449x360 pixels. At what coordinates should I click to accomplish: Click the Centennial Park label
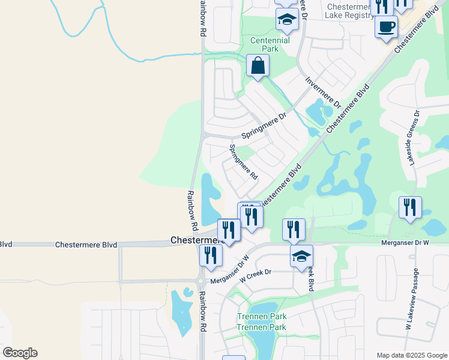click(270, 45)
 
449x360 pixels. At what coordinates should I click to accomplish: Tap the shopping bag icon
click(258, 65)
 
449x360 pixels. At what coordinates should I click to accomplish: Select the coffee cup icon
click(386, 26)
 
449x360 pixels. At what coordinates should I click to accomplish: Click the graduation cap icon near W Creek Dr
click(301, 256)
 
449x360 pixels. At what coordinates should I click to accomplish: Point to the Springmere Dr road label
click(264, 126)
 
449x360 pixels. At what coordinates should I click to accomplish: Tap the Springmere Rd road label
click(244, 162)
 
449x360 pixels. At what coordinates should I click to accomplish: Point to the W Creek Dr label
click(256, 272)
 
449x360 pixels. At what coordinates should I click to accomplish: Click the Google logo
click(20, 353)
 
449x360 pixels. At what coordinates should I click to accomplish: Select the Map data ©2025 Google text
click(411, 355)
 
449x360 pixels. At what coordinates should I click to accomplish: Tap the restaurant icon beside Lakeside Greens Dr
click(410, 208)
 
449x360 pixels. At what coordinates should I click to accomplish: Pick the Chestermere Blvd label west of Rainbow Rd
click(86, 245)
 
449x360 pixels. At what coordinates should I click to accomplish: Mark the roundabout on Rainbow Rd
click(200, 281)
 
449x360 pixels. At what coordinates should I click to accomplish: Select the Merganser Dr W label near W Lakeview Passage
click(405, 242)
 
